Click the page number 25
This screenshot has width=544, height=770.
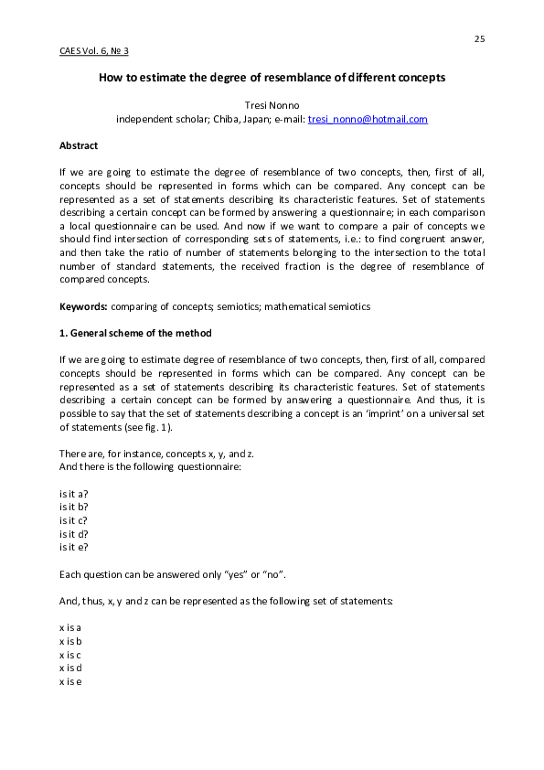point(479,37)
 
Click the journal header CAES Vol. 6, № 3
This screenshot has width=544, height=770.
point(100,50)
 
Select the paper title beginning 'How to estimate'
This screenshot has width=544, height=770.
point(272,78)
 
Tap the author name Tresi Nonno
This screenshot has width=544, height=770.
point(272,105)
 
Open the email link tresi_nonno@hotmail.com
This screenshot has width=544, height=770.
point(368,119)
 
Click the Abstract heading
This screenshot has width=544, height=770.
point(79,145)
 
